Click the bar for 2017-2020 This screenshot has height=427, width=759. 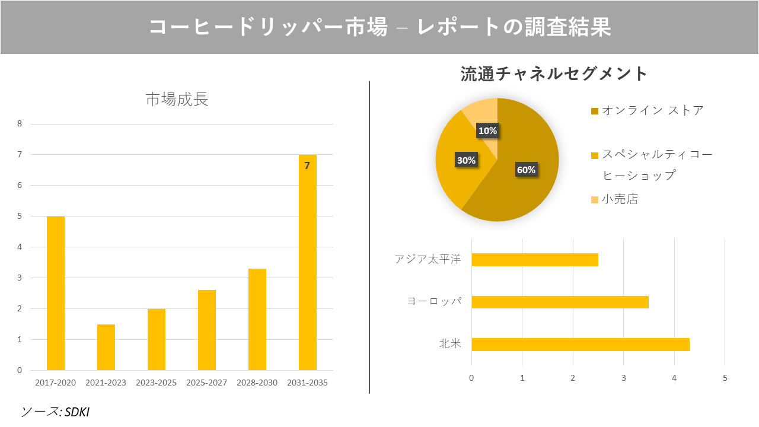55,293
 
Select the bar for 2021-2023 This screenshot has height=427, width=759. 106,347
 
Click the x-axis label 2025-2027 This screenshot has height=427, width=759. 206,383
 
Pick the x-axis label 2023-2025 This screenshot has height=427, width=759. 156,383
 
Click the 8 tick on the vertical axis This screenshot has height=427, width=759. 20,124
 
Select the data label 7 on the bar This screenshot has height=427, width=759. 307,165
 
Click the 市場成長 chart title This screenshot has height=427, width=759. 177,100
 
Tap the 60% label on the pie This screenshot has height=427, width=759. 526,170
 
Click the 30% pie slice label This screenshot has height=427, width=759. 465,160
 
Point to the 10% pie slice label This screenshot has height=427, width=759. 488,130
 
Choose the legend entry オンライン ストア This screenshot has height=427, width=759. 652,110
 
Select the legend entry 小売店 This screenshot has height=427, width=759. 620,199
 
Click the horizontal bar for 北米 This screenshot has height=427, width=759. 580,344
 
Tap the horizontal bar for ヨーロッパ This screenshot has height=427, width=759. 560,302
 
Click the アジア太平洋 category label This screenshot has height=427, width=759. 427,260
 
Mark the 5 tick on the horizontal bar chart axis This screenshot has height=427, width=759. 725,378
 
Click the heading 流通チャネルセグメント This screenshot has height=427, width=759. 554,74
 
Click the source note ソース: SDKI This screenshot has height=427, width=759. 55,412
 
